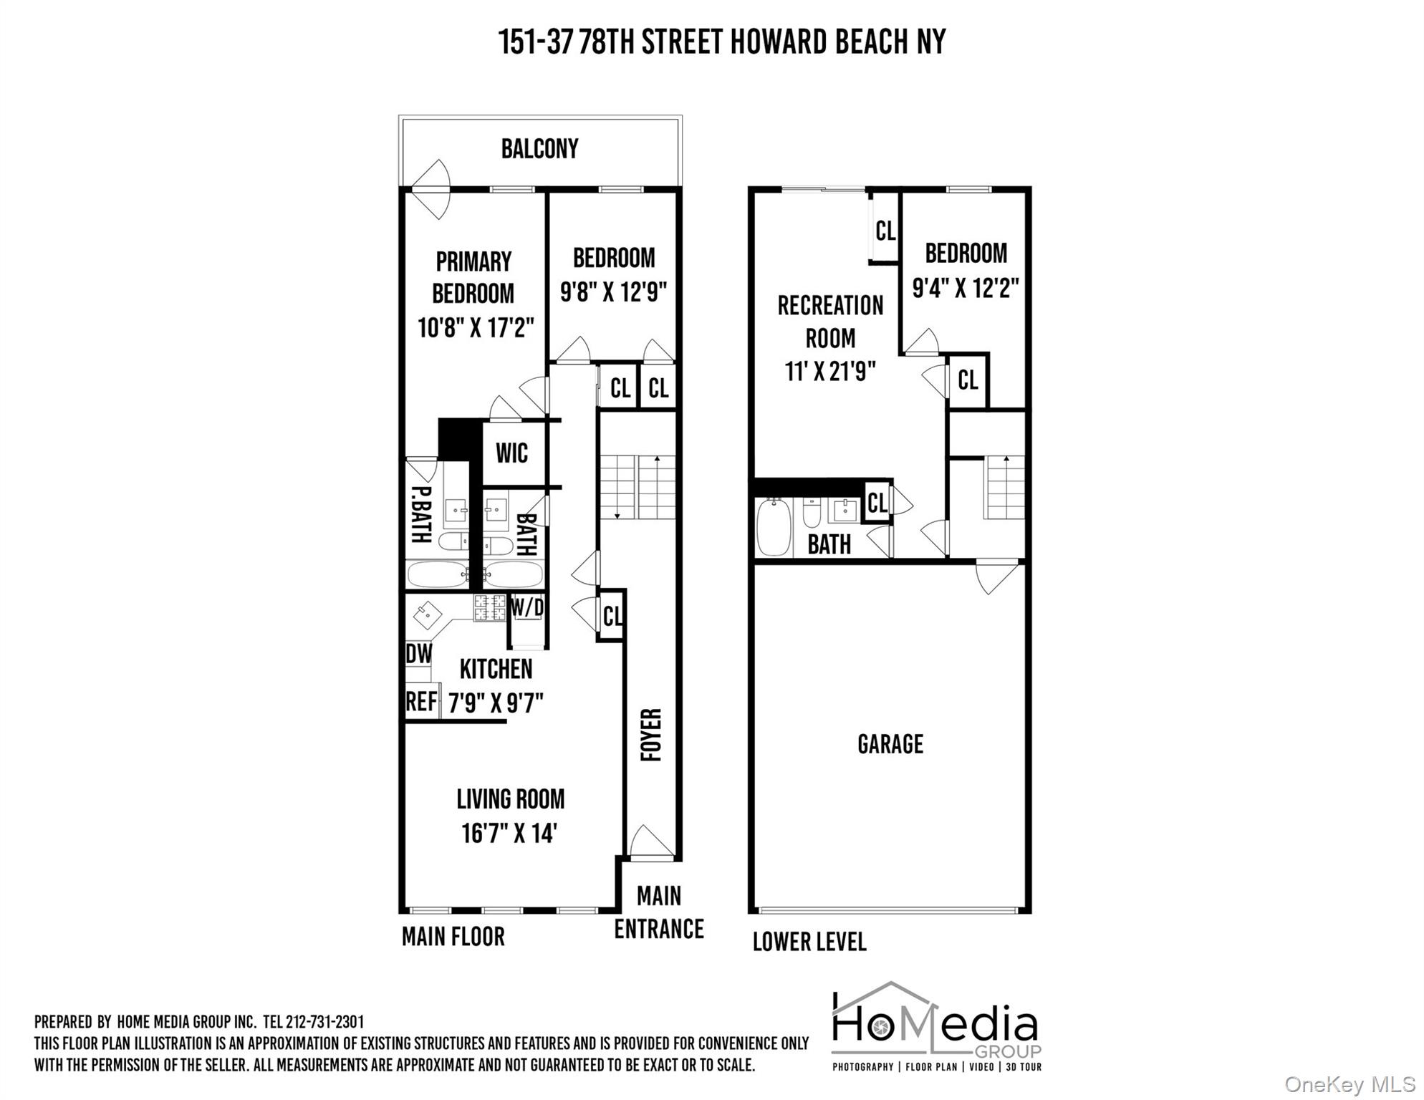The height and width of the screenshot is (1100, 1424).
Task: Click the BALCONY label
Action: [539, 149]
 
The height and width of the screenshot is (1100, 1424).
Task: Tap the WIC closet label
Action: [511, 453]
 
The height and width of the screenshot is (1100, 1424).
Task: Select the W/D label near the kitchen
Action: [527, 608]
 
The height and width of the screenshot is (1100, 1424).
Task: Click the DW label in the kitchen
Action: [419, 653]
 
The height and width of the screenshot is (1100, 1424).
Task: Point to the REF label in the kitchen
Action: [421, 701]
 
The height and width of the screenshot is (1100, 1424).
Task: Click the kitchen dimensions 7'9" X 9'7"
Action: [496, 703]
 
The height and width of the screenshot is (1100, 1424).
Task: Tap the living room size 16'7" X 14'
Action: [509, 833]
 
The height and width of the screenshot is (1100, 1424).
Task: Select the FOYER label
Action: [650, 735]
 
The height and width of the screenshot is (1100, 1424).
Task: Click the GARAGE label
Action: [890, 744]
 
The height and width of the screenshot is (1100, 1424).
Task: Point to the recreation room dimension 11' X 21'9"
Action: [830, 372]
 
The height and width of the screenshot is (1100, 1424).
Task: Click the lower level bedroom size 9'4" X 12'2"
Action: [965, 288]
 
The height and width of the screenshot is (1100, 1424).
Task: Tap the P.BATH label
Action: [420, 513]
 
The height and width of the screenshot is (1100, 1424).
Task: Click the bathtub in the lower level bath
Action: [774, 527]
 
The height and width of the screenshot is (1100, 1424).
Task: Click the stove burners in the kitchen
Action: [490, 607]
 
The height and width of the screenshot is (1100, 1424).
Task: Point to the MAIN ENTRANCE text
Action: [658, 912]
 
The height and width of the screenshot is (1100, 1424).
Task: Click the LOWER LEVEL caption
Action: [809, 941]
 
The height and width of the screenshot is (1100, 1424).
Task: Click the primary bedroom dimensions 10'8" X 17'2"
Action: [476, 328]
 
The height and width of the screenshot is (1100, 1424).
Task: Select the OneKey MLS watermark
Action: [1350, 1084]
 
